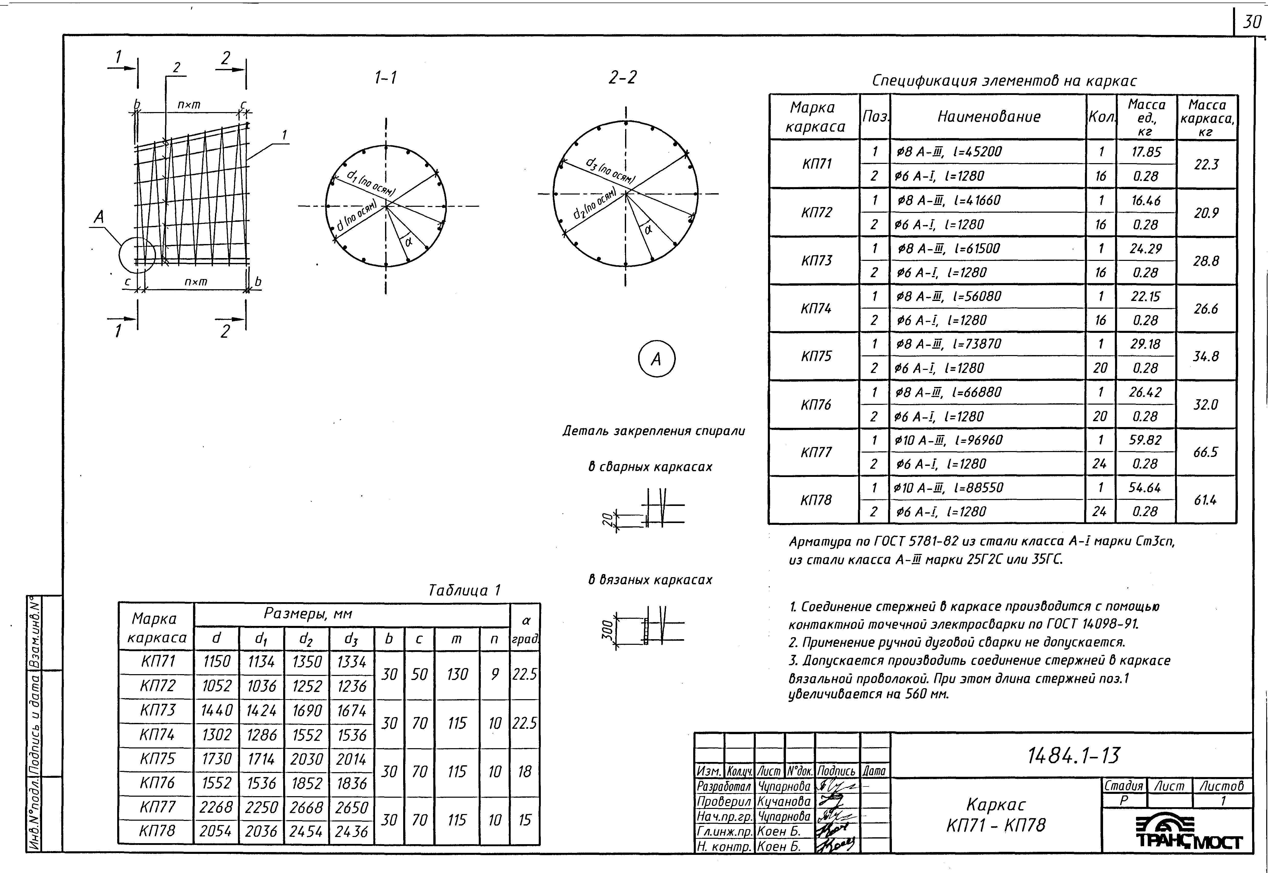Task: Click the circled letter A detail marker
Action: [x=656, y=359]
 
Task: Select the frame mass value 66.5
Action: [x=1206, y=452]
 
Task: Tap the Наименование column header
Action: [x=988, y=116]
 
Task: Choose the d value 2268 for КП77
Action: [x=216, y=807]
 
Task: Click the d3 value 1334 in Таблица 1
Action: [x=351, y=662]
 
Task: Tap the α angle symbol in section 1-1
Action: [x=408, y=241]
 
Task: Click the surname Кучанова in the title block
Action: [x=784, y=801]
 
